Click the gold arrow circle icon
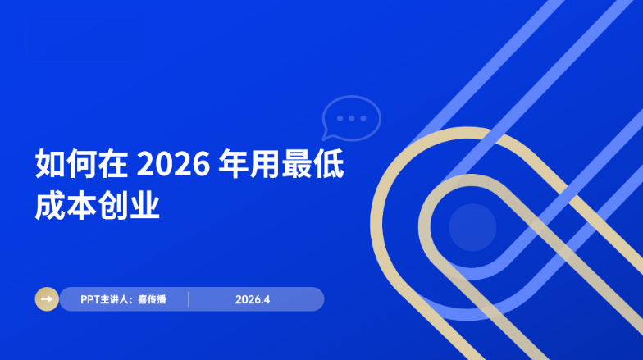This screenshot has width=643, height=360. (47, 299)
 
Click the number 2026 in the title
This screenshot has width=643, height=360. (170, 165)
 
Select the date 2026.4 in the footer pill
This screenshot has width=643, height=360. (253, 299)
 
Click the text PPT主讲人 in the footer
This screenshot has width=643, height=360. (106, 299)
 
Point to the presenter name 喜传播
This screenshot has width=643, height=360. (152, 299)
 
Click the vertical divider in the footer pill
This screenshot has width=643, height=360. (189, 299)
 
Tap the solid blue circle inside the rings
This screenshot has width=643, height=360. (472, 227)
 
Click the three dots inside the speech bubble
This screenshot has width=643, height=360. (353, 118)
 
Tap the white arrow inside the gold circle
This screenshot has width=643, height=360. (47, 299)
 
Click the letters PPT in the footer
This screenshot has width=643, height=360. (90, 299)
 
